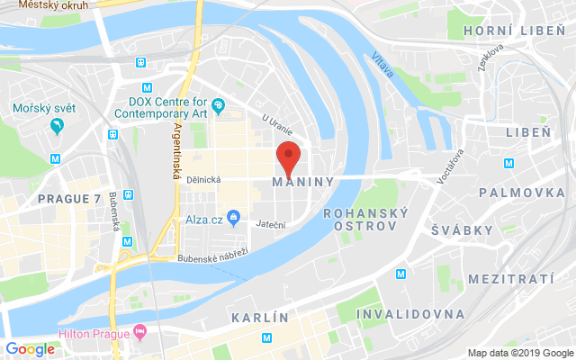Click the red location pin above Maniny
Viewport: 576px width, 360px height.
point(287,157)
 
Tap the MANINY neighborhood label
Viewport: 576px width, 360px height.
point(302,182)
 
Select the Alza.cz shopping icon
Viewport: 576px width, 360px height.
point(233,217)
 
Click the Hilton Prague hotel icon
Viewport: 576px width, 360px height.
point(139,333)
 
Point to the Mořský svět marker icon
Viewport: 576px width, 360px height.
point(58,126)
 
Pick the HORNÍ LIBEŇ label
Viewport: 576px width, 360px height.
point(506,31)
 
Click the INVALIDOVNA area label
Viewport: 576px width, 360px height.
point(411,314)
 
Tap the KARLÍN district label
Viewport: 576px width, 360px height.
point(260,318)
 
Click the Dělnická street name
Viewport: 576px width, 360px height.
point(206,179)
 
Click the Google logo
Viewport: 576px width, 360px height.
point(31,349)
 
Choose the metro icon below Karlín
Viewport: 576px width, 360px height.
point(266,337)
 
